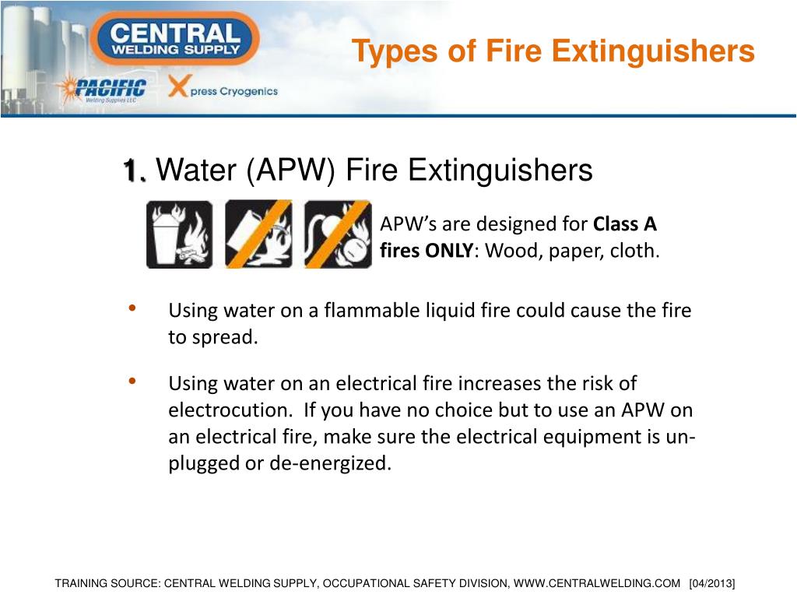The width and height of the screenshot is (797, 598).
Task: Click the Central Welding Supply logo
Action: [x=175, y=39]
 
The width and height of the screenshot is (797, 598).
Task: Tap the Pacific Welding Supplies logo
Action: [x=104, y=89]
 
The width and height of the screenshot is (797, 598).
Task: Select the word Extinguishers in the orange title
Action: [x=653, y=51]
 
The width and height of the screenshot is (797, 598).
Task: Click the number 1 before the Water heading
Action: [x=133, y=170]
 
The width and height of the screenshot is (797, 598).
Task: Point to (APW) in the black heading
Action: [x=290, y=170]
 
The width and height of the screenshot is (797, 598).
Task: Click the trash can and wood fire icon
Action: [x=180, y=234]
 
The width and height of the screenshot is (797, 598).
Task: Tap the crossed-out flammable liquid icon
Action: [x=258, y=234]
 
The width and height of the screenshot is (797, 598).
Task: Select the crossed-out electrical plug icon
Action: [x=338, y=234]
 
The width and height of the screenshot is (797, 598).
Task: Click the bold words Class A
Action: [x=625, y=223]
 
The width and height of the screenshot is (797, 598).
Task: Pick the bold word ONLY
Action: [x=449, y=251]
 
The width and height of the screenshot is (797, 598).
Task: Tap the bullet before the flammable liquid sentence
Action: [x=132, y=308]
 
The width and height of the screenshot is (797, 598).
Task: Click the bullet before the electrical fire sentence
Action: [x=132, y=380]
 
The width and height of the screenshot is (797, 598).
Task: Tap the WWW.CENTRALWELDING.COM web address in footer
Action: [x=596, y=583]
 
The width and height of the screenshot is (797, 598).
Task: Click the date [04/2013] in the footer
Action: [x=712, y=583]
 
